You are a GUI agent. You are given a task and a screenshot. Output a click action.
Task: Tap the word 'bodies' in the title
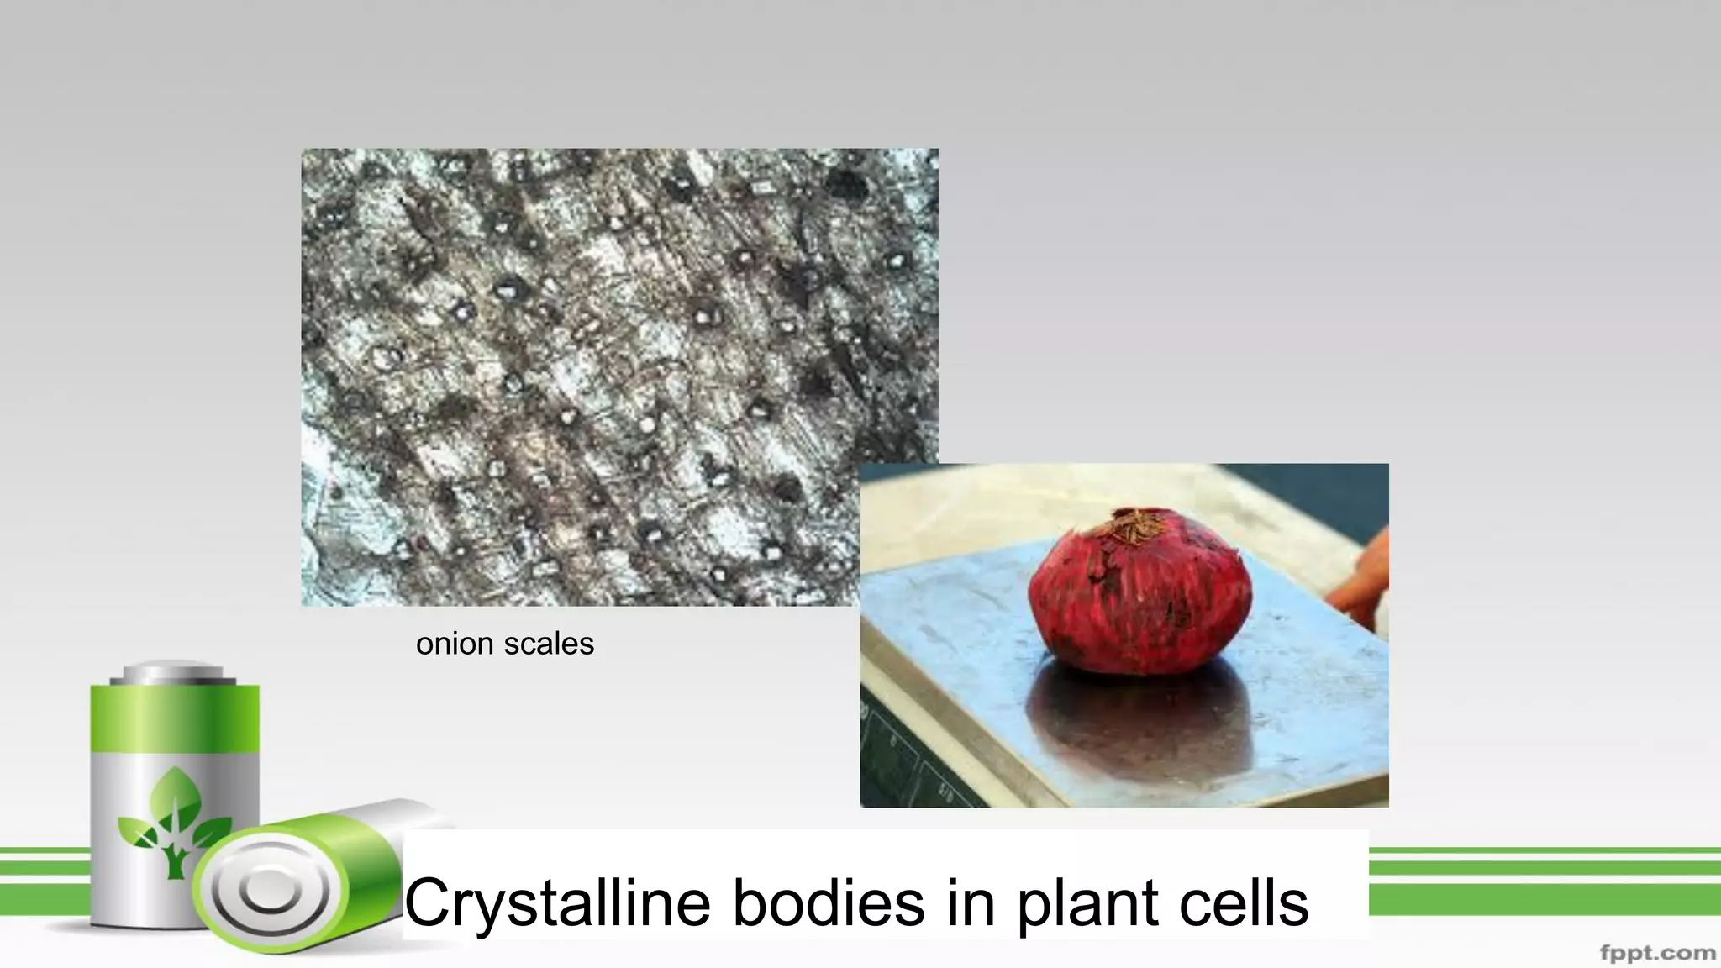827,902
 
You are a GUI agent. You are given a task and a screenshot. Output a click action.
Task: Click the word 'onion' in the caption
454,644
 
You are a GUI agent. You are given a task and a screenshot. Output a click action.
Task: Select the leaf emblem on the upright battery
175,819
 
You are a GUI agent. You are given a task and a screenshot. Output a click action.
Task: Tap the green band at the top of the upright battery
175,718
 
